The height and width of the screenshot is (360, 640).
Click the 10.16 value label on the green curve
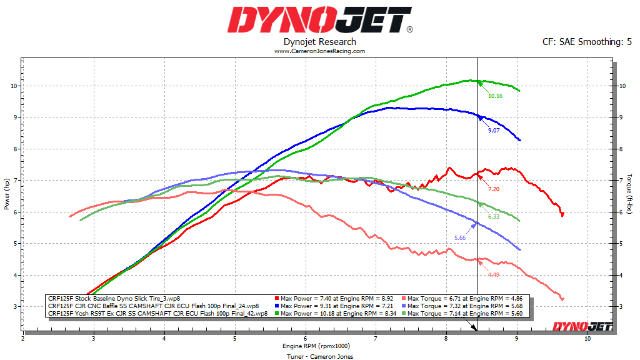[495, 96]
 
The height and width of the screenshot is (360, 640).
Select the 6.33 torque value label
[493, 217]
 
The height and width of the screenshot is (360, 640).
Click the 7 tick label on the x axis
[376, 338]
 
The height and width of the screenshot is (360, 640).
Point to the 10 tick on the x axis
[587, 338]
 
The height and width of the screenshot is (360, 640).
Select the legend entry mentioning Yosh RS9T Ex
[153, 314]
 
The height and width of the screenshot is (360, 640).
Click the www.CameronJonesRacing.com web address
[319, 51]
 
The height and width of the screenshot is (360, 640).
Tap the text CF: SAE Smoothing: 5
[587, 42]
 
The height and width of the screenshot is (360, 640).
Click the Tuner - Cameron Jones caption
[320, 356]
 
